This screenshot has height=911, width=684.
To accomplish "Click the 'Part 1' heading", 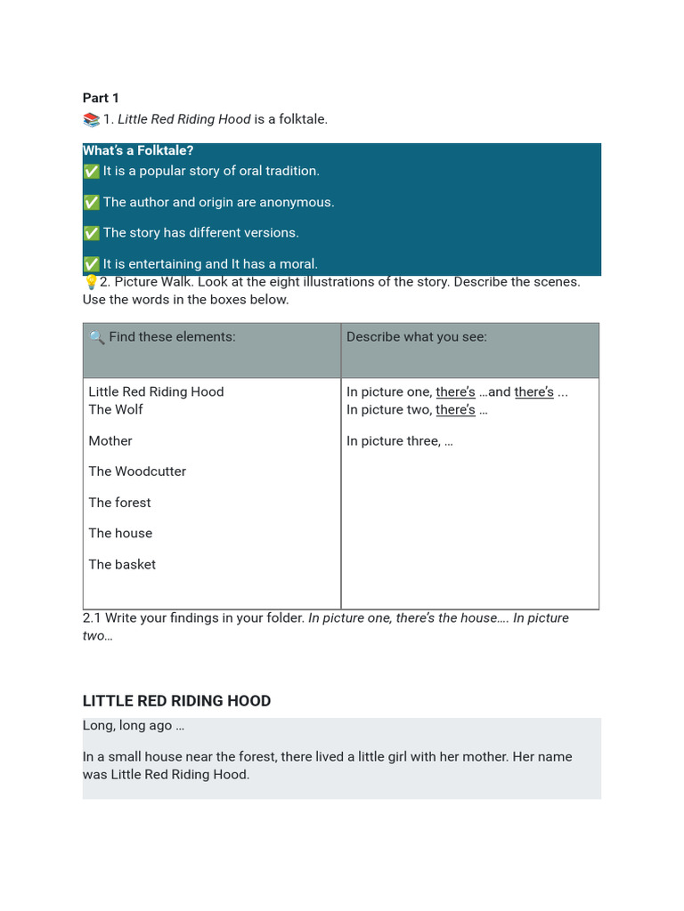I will click(101, 98).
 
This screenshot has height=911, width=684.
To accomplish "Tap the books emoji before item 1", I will click(91, 120).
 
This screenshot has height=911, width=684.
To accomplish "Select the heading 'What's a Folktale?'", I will click(138, 150).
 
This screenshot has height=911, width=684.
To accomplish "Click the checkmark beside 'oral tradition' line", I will click(91, 172).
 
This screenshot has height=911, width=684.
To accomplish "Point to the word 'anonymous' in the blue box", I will click(298, 202).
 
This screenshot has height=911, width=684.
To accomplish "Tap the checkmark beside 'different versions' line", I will click(91, 233).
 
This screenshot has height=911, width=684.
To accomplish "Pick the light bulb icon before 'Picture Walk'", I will click(90, 282).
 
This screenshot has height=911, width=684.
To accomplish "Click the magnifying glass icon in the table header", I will click(97, 338).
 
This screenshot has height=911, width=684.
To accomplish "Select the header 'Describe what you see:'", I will click(417, 337).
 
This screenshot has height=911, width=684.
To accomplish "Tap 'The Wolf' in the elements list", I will click(116, 409).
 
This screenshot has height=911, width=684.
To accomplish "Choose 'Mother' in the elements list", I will click(110, 440).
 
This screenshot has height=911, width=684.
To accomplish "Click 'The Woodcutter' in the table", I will click(137, 472).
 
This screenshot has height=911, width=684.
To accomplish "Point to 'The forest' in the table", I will click(119, 503).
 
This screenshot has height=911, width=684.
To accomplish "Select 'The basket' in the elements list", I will click(122, 564).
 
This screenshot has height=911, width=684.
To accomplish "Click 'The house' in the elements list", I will click(120, 533).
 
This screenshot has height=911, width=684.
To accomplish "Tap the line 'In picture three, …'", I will click(400, 440).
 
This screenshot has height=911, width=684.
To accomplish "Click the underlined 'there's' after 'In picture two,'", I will click(455, 409).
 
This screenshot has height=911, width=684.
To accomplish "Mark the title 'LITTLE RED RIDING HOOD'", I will click(176, 701).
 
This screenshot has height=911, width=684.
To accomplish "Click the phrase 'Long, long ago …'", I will click(134, 725).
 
